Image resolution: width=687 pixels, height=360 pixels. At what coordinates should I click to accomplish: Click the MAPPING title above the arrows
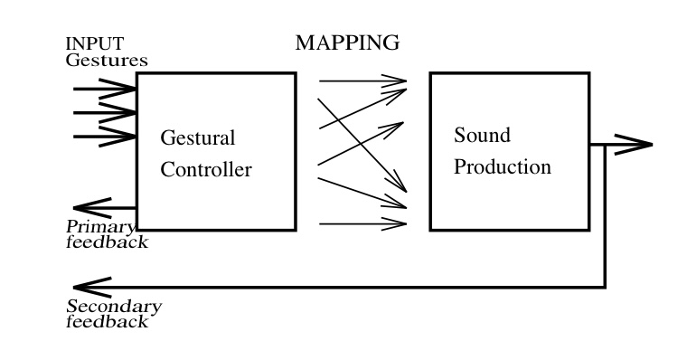click(x=347, y=43)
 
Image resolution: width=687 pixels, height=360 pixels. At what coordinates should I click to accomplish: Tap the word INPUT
click(x=94, y=44)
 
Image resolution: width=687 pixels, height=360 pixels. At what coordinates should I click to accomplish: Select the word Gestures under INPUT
click(x=106, y=60)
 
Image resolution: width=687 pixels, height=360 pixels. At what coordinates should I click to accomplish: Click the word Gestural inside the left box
click(x=197, y=138)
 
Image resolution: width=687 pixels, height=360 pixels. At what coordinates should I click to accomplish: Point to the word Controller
click(x=206, y=169)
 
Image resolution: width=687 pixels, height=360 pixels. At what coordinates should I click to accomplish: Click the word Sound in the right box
click(x=482, y=136)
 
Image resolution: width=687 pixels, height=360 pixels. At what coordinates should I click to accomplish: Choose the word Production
click(x=502, y=167)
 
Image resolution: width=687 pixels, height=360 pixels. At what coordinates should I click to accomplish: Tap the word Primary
click(x=100, y=227)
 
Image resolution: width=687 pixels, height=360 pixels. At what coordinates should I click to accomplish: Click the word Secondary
click(x=114, y=307)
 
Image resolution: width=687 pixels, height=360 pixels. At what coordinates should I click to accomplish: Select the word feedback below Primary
click(x=107, y=242)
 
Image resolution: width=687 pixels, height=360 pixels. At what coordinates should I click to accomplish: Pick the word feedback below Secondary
click(x=107, y=322)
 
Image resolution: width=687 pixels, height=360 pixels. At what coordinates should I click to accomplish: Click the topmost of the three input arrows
click(x=104, y=90)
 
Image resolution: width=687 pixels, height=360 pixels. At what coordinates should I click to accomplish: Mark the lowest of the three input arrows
click(x=104, y=137)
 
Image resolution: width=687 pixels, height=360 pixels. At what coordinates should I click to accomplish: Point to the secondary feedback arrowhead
click(x=86, y=288)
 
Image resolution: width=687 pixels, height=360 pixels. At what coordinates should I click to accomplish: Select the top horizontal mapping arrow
click(x=362, y=81)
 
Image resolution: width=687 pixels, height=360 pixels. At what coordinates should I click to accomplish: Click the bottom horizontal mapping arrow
click(x=362, y=223)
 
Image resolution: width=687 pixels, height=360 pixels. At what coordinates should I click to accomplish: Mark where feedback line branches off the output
click(x=605, y=145)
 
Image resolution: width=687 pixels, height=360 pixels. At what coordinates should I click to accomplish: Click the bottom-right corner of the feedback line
click(x=605, y=288)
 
